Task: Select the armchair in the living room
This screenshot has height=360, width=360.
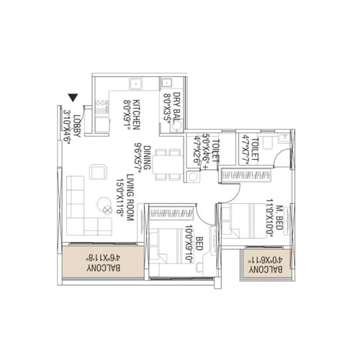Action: (97, 172)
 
